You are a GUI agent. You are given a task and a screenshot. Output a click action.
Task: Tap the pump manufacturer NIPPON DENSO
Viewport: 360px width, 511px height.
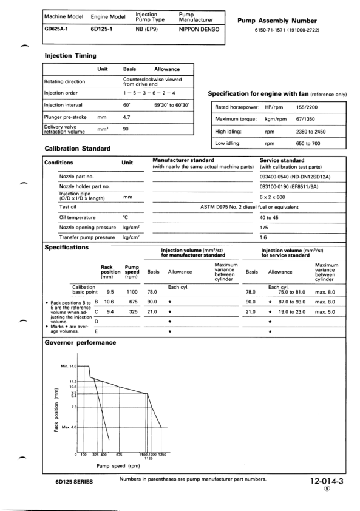[x=200, y=29]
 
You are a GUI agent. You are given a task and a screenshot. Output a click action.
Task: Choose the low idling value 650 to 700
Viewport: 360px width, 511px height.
[x=309, y=144]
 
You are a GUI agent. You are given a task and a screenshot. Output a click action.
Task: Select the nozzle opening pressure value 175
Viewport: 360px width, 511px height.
[x=264, y=227]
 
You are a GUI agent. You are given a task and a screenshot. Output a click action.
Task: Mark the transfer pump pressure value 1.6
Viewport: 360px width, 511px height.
[x=263, y=237]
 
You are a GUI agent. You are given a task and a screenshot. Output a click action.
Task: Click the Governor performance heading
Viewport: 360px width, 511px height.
[x=72, y=343]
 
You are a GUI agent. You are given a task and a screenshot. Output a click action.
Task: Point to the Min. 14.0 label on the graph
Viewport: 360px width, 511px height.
[x=70, y=367]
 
